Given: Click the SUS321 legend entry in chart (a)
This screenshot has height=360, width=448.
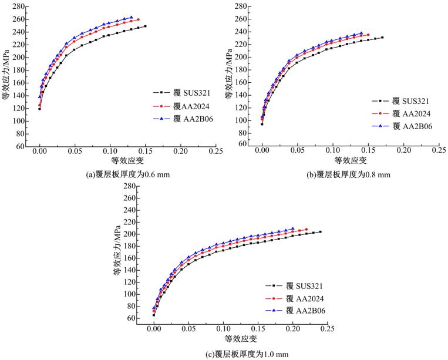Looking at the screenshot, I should (176, 93).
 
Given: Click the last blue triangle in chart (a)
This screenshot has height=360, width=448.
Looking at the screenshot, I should (131, 18).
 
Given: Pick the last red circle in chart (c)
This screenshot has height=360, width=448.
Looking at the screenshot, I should (306, 230).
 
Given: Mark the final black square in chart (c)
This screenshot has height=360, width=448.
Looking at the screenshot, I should (320, 232).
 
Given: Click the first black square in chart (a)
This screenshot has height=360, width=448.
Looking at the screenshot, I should (39, 109).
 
